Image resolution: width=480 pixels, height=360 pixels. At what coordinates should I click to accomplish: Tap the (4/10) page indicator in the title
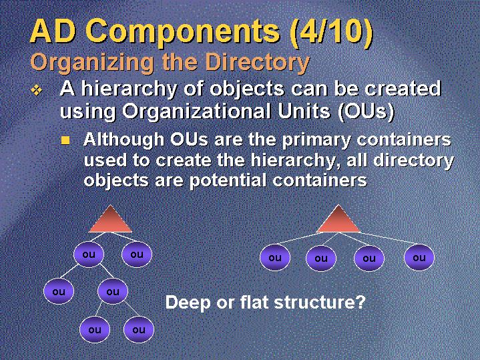[331, 31]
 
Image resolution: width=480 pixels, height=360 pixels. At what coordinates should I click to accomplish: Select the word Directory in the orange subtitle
[258, 63]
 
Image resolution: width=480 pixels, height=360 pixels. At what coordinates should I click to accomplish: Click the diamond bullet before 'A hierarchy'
[37, 90]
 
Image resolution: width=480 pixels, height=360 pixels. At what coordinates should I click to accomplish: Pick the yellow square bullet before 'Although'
[65, 140]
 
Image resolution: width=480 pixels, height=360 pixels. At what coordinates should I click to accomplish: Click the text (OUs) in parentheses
[366, 112]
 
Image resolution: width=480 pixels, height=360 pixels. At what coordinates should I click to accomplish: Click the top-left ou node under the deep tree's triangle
[89, 254]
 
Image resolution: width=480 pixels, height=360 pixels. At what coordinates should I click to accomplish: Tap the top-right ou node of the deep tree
[137, 254]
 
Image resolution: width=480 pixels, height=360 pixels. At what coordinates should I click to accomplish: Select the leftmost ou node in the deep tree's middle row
[59, 291]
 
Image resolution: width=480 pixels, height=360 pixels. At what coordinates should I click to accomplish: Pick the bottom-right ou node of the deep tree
[139, 330]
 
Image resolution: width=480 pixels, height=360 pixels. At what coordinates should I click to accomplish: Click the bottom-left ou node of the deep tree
[95, 330]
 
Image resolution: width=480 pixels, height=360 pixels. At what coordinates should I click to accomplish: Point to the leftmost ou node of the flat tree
[275, 258]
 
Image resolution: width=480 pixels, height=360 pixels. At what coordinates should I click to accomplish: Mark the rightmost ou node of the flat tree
[419, 258]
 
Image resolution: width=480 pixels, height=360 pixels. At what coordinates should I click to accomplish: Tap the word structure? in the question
[320, 303]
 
